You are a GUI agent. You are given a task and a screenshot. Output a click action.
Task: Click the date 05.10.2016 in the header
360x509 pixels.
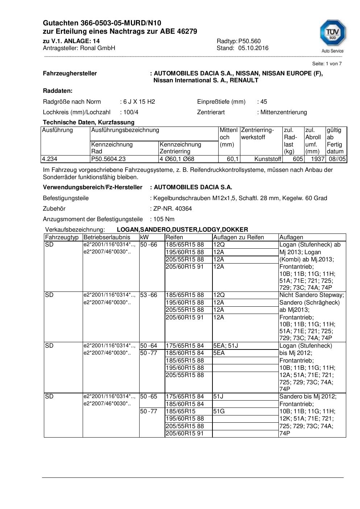pos(253,48)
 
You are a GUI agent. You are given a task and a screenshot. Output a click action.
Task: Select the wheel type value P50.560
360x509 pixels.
pos(249,41)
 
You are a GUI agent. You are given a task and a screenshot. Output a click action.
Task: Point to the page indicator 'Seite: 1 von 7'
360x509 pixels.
pos(327,64)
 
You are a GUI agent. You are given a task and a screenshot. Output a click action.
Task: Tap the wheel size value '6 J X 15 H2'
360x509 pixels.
pos(139,102)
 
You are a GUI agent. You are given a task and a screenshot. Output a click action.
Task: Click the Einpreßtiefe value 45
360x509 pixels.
pos(264,102)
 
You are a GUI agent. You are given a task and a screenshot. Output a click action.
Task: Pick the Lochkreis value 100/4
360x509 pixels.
pos(131,112)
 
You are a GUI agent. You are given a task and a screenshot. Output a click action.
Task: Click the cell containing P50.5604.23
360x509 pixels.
pos(108,159)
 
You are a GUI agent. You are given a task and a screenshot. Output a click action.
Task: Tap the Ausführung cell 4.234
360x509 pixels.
pos(50,159)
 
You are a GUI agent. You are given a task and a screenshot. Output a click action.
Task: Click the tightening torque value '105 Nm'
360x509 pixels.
pos(164,219)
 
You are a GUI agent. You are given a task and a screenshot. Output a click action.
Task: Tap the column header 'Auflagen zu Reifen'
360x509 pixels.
pos(239,237)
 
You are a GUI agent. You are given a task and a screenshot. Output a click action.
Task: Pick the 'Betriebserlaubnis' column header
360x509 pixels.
pos(107,237)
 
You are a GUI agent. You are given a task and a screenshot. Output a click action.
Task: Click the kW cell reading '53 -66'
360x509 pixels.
pos(149,295)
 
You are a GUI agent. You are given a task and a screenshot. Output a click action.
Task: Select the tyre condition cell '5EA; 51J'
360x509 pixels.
pos(225,346)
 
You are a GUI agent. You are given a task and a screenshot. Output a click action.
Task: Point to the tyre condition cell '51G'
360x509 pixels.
pos(219,411)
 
